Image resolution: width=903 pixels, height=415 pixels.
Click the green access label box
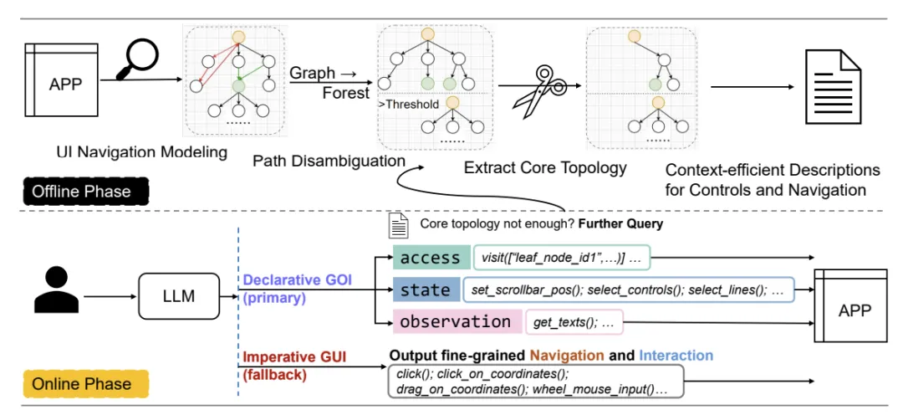pyautogui.click(x=430, y=259)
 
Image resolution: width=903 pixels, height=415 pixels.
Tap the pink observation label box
pyautogui.click(x=455, y=321)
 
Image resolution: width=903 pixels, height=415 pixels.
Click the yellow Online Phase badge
pyautogui.click(x=81, y=383)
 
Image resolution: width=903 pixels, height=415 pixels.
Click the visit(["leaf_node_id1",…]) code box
pyautogui.click(x=562, y=259)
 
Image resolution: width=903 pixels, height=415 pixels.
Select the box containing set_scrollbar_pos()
pyautogui.click(x=626, y=290)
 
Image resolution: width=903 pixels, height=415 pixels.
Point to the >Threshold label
pyautogui.click(x=410, y=105)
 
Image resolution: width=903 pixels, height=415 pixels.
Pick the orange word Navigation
pyautogui.click(x=564, y=355)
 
